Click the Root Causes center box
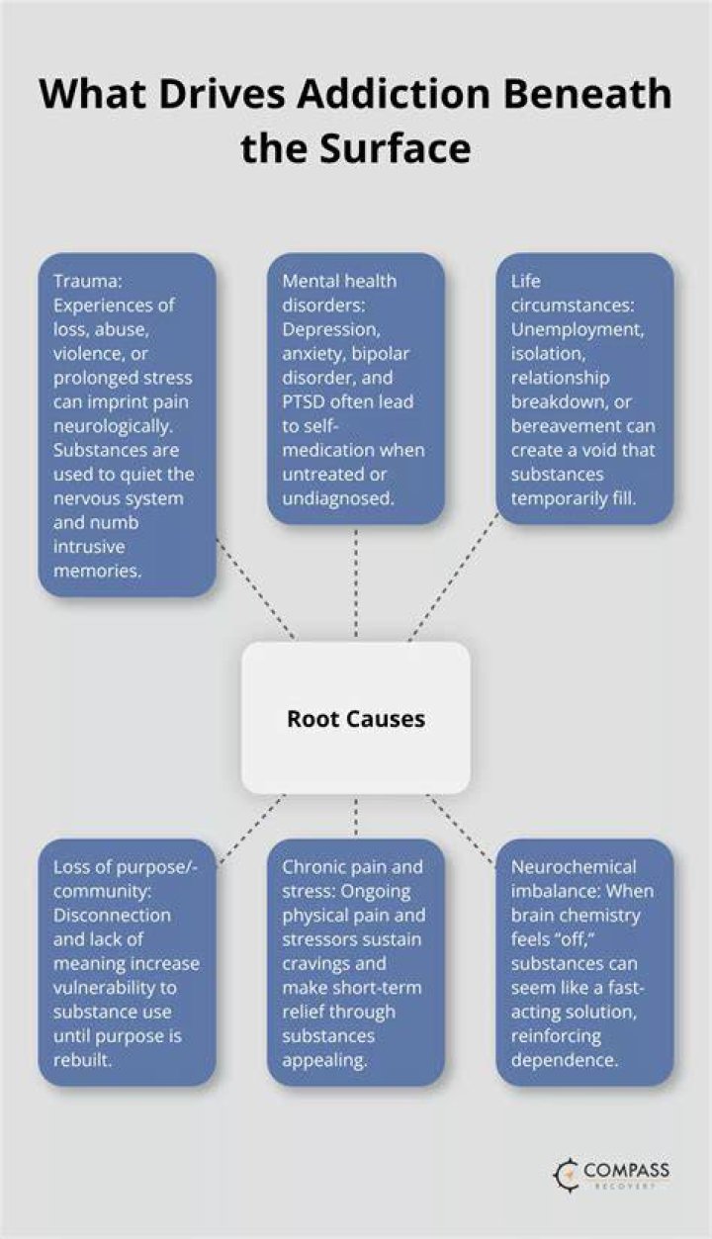[356, 718]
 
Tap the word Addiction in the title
[394, 94]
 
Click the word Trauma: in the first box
[87, 281]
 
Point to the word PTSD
[304, 401]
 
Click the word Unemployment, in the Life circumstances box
[577, 329]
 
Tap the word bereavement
[561, 426]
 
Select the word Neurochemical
[574, 867]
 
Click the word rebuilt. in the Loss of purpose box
[82, 1060]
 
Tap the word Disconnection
[112, 915]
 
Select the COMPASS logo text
[626, 1170]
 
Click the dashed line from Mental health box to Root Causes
[356, 583]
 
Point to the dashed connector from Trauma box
[255, 589]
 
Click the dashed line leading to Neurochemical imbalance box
[460, 832]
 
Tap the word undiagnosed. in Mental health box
[338, 499]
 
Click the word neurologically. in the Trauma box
[113, 426]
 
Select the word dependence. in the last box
[564, 1060]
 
